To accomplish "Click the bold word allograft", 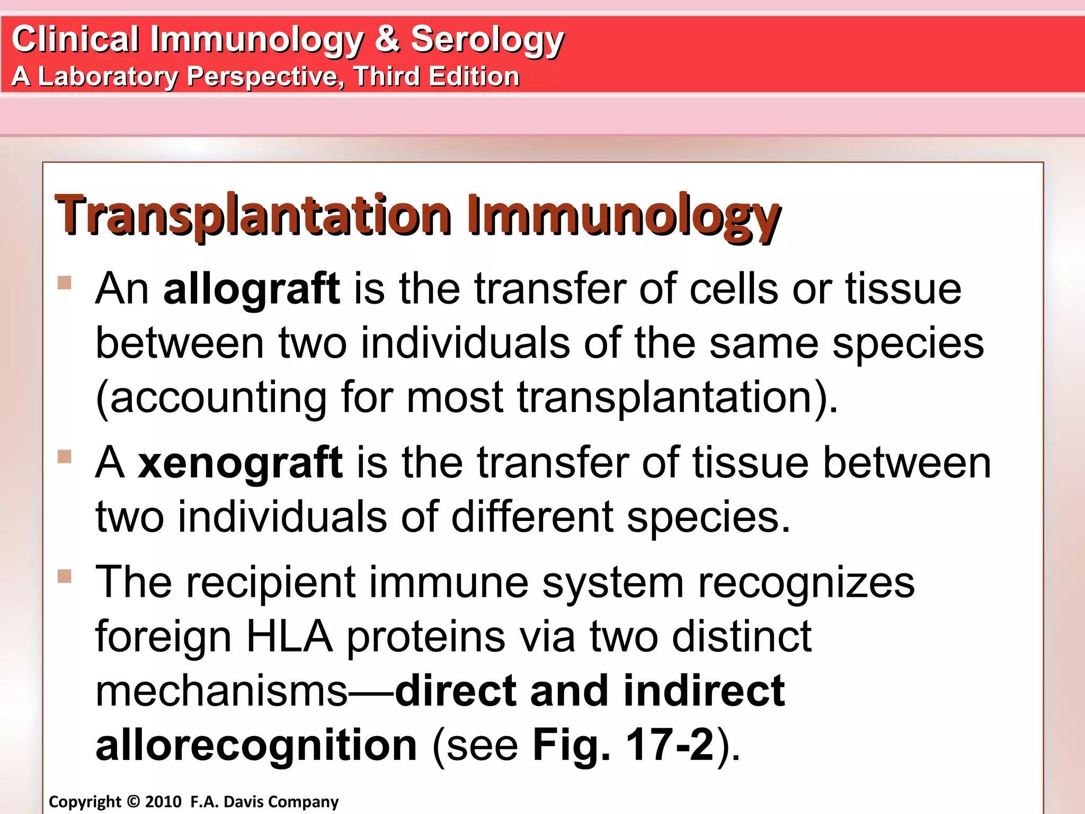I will tap(251, 290).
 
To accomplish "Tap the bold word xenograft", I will tap(240, 463).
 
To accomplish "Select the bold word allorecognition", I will tap(256, 745).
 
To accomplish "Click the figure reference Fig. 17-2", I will tap(623, 745).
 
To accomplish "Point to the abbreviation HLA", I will tap(289, 636).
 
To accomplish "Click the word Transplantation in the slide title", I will tap(253, 216).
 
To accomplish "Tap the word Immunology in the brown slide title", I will tap(623, 216).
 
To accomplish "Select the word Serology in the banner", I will tap(487, 40).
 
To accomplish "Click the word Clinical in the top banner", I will tap(76, 39).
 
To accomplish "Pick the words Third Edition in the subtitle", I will tap(437, 76).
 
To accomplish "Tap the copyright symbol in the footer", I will tap(133, 801).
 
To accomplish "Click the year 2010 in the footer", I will tap(163, 801).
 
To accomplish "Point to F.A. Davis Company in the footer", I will tap(264, 802).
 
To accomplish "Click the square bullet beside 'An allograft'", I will tap(65, 282).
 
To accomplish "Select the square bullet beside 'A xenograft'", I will tap(65, 456).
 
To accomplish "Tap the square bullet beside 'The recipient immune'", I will tap(65, 576).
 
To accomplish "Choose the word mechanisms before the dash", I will tap(221, 691).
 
